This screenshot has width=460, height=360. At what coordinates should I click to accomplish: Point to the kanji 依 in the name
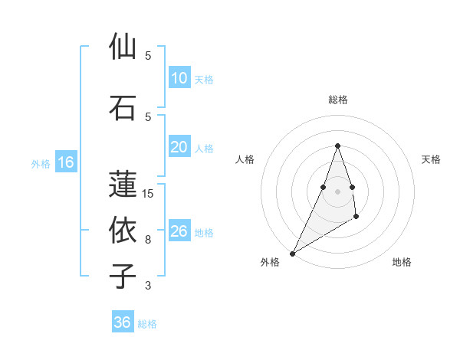pos(123,230)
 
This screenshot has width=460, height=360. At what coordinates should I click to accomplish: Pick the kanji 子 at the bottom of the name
pos(123,276)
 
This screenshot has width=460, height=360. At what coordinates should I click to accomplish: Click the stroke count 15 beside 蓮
pos(148,194)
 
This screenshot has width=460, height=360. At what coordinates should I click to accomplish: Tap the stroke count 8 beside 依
pos(148,240)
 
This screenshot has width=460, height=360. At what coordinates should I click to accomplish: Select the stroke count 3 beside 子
pos(148,286)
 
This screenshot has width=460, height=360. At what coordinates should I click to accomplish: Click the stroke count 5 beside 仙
pos(148,56)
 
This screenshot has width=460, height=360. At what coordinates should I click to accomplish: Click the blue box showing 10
pos(179,78)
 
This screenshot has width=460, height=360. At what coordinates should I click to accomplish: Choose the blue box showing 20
pos(179,148)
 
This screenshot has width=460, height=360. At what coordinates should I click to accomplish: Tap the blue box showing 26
pos(179,231)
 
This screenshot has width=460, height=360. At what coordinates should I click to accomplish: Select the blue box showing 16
pos(66,162)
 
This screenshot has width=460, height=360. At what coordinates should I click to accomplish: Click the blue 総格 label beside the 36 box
pos(147,324)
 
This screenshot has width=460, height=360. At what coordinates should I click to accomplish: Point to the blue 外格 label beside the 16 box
pos(40,163)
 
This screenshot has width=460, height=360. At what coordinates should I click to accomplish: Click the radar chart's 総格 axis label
pos(337,100)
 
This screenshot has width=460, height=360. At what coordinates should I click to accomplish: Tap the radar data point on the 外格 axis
pos(292,253)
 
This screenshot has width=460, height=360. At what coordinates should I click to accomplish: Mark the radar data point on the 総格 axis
pos(337,146)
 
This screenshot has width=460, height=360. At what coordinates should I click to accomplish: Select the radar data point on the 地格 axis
pos(356,218)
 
